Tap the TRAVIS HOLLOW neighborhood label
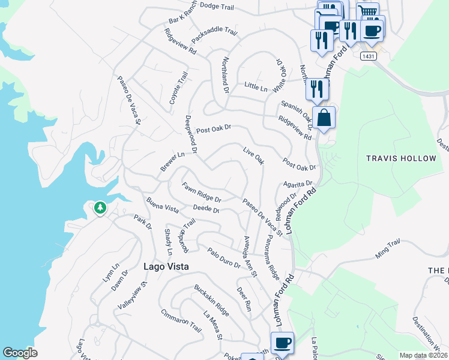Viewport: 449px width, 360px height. point(401,158)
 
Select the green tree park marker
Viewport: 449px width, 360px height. point(100,208)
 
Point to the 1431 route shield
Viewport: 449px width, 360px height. point(368,56)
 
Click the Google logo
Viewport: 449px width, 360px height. point(20,353)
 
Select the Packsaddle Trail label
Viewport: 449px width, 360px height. point(210,35)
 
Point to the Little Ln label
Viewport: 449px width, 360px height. point(256,87)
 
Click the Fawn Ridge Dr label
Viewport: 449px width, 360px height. point(202,192)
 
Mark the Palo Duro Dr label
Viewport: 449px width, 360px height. point(224,259)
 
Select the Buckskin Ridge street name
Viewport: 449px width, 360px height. point(211,301)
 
